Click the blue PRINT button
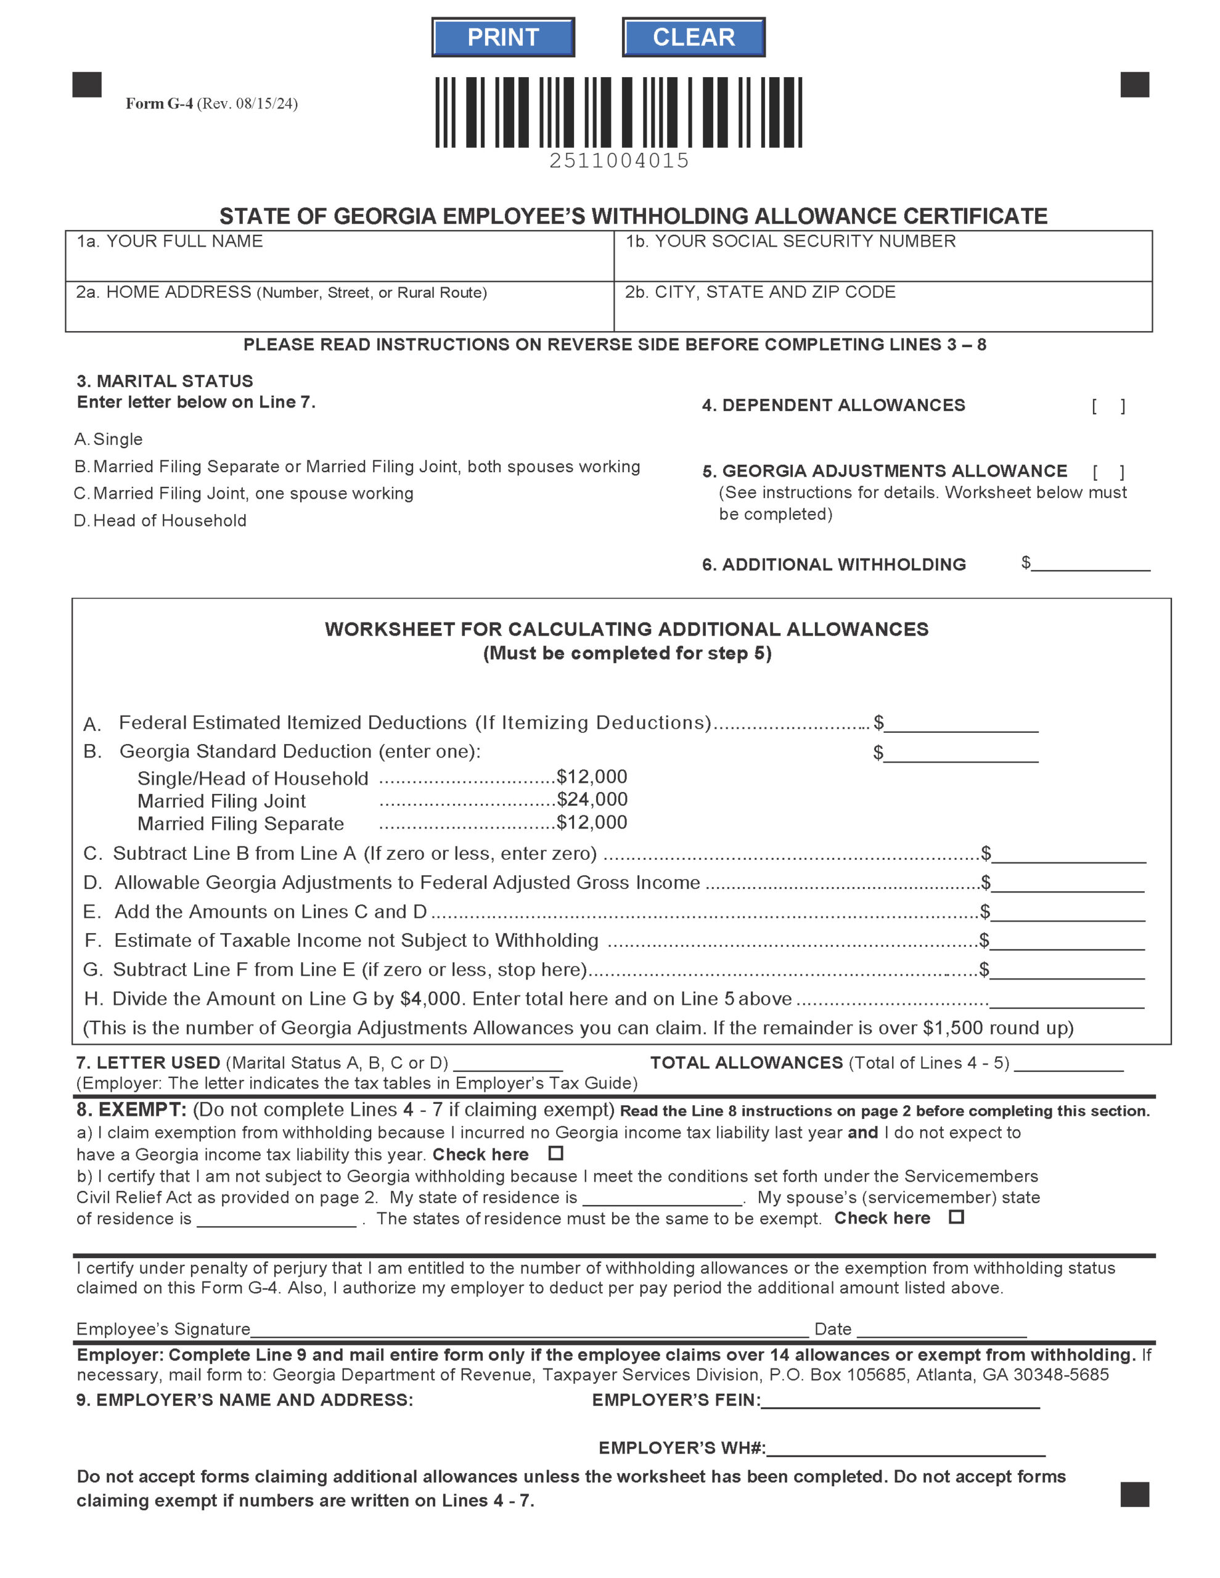click(x=502, y=38)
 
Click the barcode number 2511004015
click(x=619, y=160)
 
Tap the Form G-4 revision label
click(x=211, y=104)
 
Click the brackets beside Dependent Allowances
click(x=1108, y=407)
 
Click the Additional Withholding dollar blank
click(x=1091, y=563)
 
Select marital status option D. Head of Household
click(x=160, y=521)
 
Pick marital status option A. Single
click(x=109, y=439)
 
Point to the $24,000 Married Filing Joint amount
click(x=592, y=799)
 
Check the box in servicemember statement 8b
click(x=956, y=1217)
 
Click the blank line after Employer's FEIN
click(x=900, y=1400)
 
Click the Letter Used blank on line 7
click(x=508, y=1063)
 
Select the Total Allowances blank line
click(x=1068, y=1063)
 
